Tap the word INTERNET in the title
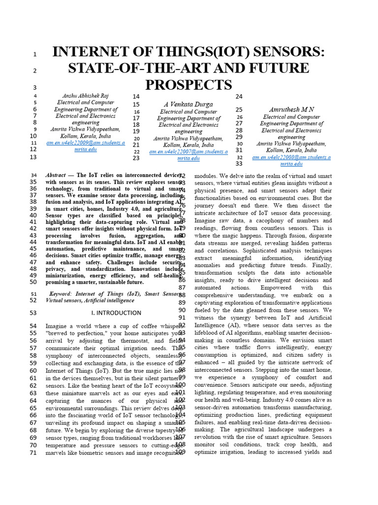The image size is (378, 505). point(93,52)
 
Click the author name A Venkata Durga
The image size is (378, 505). point(189,104)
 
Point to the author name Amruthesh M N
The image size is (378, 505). point(291,109)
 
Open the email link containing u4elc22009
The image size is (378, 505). point(85,143)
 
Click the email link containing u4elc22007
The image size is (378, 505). point(189,152)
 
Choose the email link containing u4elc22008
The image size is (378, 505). point(291,157)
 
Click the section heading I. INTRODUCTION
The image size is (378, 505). point(116,313)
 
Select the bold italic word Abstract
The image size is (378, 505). point(56,175)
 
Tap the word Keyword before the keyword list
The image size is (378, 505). point(61,294)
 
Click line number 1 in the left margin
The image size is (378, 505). point(34,54)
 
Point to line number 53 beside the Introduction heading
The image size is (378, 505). point(33,313)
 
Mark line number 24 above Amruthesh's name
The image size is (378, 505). point(239,97)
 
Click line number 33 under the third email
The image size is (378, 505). point(239,164)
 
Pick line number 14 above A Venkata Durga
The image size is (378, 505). point(136,96)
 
